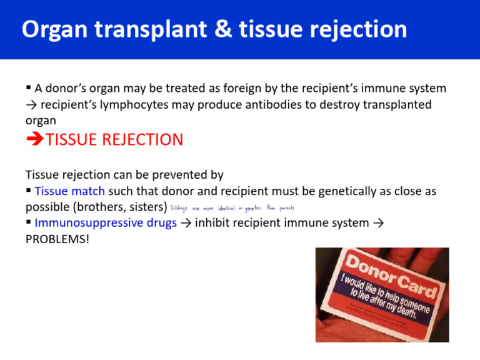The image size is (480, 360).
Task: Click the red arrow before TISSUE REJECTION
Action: pyautogui.click(x=35, y=139)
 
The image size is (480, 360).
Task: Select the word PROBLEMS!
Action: pyautogui.click(x=57, y=238)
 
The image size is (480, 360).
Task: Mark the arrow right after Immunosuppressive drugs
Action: pyautogui.click(x=186, y=222)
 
